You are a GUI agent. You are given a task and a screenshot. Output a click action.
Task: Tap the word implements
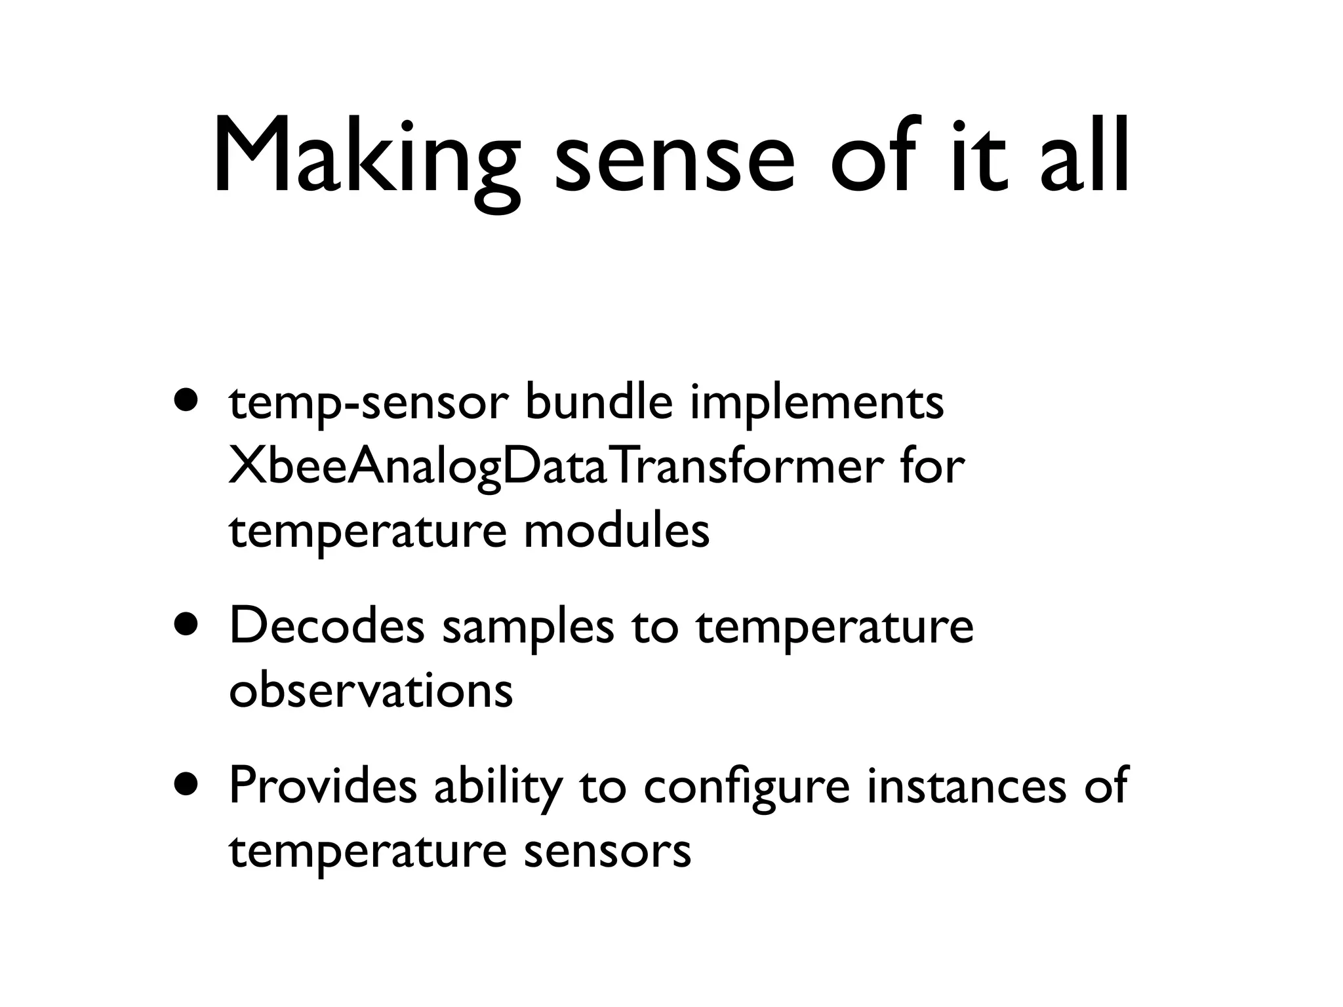(816, 404)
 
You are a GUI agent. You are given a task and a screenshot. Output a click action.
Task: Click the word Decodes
(327, 626)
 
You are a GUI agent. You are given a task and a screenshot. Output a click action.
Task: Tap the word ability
(498, 788)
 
